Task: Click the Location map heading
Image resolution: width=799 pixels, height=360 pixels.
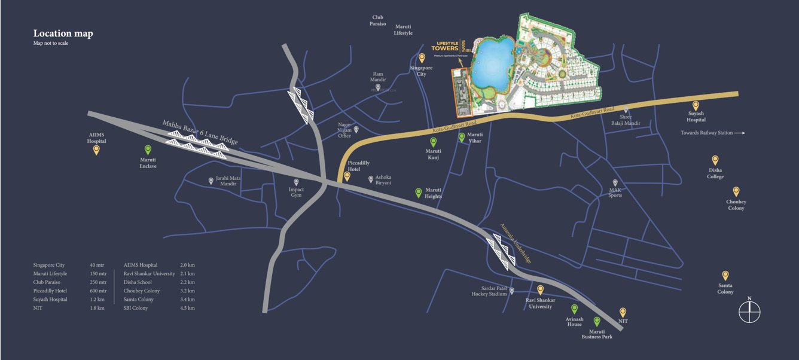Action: [63, 33]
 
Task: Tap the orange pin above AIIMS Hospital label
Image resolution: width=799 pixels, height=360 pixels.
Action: [96, 150]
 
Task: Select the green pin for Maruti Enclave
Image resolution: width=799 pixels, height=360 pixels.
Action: [148, 151]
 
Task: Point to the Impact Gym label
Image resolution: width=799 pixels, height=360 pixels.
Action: [296, 193]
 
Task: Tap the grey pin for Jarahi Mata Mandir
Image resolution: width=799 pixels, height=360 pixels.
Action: [211, 181]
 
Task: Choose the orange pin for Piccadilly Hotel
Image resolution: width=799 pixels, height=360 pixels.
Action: [347, 176]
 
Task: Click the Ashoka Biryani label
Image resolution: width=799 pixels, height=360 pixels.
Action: [383, 180]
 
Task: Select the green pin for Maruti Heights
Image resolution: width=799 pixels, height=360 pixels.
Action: [419, 193]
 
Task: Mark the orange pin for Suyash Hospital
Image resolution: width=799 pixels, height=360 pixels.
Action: [696, 106]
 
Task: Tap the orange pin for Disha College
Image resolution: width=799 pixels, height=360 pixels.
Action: [715, 160]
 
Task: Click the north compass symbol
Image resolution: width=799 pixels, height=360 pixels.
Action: [749, 311]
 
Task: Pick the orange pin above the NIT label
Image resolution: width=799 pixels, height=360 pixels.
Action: [623, 312]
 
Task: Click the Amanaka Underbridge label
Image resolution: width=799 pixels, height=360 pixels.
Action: [515, 242]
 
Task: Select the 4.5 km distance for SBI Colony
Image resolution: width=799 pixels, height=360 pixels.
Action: [187, 308]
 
